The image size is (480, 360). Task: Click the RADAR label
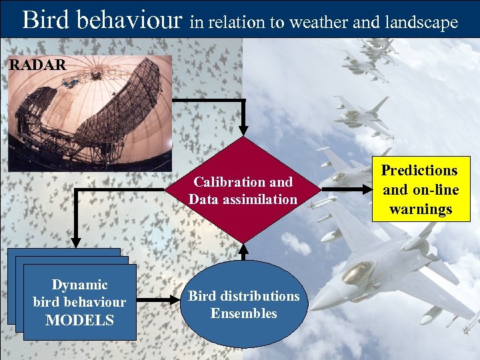tap(37, 65)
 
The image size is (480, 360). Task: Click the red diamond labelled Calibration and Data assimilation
tap(243, 190)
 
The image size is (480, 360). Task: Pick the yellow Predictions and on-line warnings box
tap(420, 189)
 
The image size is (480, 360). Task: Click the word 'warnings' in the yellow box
tap(421, 209)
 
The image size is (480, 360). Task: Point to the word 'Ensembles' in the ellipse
tap(243, 313)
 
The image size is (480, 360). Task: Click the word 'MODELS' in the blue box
tap(79, 320)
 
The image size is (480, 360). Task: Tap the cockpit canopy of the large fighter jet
tap(359, 272)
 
